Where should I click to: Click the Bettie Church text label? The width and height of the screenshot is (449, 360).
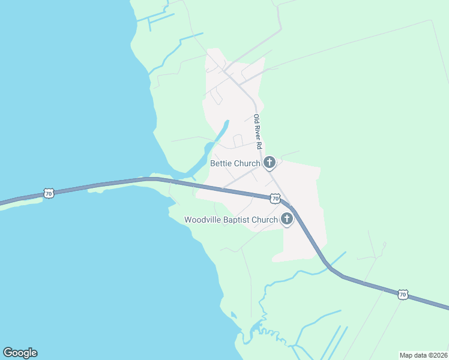coord(235,163)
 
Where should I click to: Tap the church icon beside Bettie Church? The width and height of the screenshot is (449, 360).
coord(270,162)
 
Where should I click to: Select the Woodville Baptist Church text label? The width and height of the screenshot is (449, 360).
coord(231,220)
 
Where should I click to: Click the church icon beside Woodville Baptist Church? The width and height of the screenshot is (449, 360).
coord(287,219)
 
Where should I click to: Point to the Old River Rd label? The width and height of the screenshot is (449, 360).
coord(258,132)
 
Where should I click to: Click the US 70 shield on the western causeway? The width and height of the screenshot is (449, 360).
coord(49,193)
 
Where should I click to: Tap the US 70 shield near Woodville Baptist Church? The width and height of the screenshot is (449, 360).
coord(274,198)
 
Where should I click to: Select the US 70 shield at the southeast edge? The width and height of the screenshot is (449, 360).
coord(402,294)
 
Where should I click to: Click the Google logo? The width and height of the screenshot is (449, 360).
coord(20,353)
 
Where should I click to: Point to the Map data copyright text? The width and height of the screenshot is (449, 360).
coord(424,355)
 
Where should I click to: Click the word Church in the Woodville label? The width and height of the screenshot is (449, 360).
coord(265,220)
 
